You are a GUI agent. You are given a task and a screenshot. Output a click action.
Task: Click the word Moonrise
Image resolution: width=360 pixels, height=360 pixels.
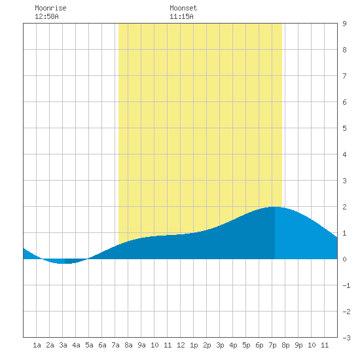coord(50,8)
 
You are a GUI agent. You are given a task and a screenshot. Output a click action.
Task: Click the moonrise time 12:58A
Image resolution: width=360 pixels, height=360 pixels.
coord(46,16)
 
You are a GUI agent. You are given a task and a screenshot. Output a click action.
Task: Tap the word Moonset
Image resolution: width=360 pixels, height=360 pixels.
coord(183,8)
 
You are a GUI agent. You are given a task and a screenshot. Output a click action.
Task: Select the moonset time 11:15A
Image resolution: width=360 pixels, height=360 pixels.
coord(181,16)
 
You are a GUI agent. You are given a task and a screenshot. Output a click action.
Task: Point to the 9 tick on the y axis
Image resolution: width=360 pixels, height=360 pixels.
coord(344,24)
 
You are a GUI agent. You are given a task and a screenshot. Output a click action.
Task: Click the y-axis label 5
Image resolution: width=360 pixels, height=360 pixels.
coord(344,128)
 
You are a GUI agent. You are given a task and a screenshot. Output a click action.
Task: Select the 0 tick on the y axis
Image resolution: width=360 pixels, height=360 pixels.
coord(344,259)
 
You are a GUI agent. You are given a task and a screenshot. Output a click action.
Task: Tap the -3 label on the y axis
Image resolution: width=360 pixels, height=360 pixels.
coord(346,338)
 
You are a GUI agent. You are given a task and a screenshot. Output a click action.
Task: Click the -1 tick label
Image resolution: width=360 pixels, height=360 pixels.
coord(346,285)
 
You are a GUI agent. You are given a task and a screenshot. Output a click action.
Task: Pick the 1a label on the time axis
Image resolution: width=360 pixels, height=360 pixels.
coord(37,345)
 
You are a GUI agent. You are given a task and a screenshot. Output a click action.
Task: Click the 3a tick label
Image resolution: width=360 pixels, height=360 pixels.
coord(63,345)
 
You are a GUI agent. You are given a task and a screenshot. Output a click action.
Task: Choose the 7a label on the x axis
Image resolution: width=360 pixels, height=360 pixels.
coord(115,345)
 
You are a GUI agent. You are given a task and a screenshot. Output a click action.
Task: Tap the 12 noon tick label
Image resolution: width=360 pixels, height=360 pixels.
coord(181,345)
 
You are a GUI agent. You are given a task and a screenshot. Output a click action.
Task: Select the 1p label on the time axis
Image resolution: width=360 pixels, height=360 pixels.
coord(194,345)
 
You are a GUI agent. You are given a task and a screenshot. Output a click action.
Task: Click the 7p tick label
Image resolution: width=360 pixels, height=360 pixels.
coord(272,345)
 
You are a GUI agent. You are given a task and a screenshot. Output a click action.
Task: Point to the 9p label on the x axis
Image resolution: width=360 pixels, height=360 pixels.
coord(298,345)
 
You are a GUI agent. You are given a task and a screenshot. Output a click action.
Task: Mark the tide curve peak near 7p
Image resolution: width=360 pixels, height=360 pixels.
coord(275,207)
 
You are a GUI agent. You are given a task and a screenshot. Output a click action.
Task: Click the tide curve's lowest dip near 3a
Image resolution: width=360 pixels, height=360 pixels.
coord(63,263)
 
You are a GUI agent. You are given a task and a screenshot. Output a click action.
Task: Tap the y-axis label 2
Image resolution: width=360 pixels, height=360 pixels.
coord(344,207)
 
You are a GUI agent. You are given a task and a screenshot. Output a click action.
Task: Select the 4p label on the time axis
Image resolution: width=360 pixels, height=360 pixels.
coord(233,345)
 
